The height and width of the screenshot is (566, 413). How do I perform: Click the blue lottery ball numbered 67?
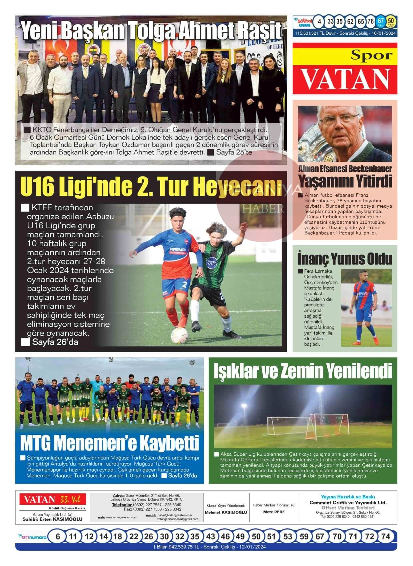(x=381, y=21)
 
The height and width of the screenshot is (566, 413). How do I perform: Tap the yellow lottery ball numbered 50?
(x=391, y=21)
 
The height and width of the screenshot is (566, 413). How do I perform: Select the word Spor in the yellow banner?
(x=372, y=55)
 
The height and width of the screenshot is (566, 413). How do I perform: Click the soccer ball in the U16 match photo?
(x=179, y=335)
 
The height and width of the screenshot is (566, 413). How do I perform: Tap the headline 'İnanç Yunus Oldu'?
(x=344, y=259)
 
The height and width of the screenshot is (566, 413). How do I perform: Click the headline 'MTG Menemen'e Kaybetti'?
(x=109, y=443)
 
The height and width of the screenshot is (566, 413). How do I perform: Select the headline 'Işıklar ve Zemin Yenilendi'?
(x=303, y=371)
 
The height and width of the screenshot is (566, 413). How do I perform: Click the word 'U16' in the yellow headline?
(x=37, y=187)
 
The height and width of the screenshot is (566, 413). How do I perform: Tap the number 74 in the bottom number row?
(x=385, y=537)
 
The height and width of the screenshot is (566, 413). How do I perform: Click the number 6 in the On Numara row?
(x=58, y=537)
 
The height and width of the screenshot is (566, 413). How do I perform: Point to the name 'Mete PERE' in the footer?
(x=274, y=512)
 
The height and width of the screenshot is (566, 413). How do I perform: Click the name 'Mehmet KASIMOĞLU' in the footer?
(x=226, y=512)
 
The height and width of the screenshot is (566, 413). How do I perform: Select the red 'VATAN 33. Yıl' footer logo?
(x=52, y=499)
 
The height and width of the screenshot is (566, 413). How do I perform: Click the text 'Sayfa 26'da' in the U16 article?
(x=55, y=342)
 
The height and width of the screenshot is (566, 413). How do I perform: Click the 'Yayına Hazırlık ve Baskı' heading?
(x=348, y=497)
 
